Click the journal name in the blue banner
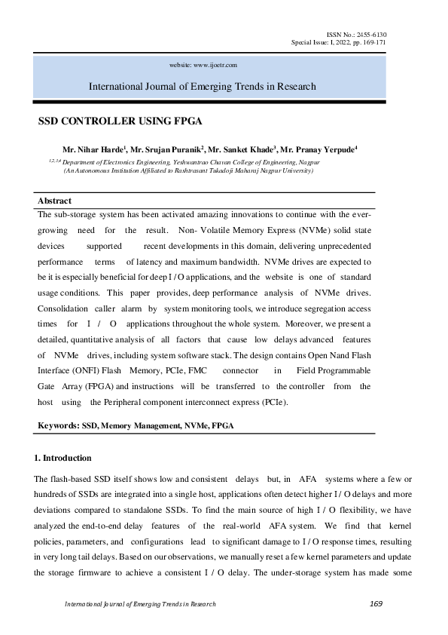point(203,86)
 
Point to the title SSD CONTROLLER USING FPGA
point(120,121)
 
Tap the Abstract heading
point(54,201)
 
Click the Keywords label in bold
point(59,426)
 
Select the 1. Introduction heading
point(63,458)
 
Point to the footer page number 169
point(377,604)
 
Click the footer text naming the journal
point(140,604)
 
